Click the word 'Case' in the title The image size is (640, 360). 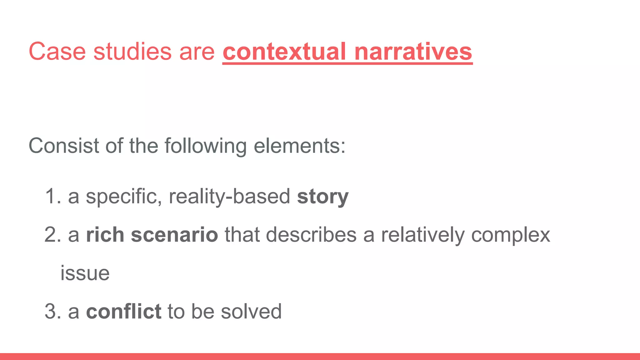57,51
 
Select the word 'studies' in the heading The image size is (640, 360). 132,51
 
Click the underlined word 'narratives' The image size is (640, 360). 413,51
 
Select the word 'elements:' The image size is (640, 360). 299,146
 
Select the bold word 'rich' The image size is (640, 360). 105,235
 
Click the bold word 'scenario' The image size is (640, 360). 174,235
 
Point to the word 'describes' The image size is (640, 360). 311,235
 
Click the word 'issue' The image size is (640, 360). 85,273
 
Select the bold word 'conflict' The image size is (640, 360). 124,312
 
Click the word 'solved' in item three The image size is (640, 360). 251,312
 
